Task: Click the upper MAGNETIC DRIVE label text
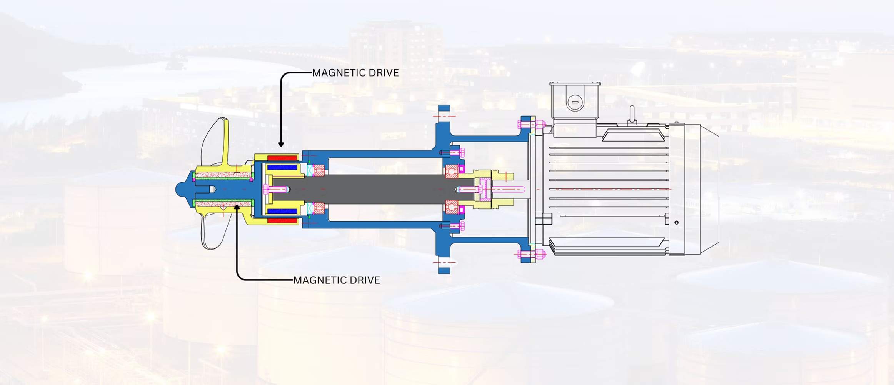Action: point(355,73)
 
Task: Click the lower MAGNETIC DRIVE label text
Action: point(336,280)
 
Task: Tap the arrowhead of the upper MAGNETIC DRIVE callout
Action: point(281,144)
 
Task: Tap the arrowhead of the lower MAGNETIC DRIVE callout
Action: point(237,207)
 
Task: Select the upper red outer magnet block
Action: point(283,158)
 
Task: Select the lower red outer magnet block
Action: point(283,221)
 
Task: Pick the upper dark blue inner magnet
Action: point(282,167)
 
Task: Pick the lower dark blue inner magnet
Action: point(282,211)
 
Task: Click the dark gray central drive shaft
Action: point(373,189)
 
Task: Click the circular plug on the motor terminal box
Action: point(574,102)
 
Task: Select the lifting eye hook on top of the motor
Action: point(632,115)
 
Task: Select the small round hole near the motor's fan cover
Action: point(676,222)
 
